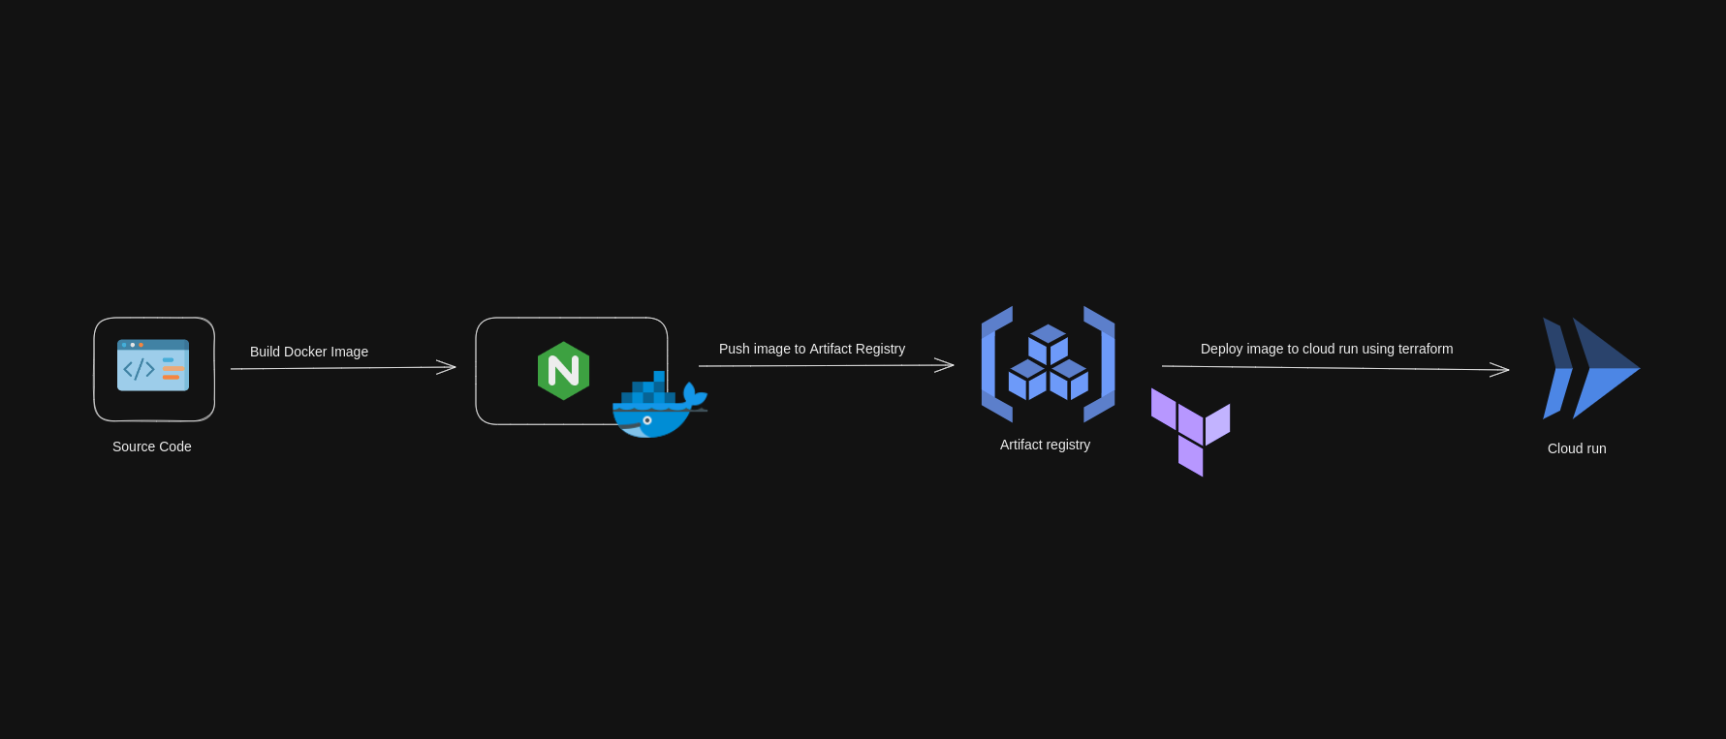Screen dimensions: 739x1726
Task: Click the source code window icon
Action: coord(153,365)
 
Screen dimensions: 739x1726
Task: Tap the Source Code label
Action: coord(152,446)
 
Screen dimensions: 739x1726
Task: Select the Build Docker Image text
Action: coord(309,352)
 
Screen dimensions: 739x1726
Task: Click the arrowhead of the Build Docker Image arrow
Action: coord(449,366)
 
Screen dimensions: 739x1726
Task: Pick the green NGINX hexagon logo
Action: coord(563,371)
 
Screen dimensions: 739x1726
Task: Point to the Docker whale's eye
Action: coord(647,420)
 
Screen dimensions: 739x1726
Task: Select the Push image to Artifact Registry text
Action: coord(812,349)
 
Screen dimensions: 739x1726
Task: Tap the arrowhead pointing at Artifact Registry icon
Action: coord(947,365)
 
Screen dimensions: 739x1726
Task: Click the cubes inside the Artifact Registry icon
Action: coord(1048,363)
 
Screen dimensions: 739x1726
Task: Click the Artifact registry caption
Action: coord(1045,445)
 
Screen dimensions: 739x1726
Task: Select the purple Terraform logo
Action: coord(1190,431)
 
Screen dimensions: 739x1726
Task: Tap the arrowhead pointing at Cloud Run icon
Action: coord(1502,369)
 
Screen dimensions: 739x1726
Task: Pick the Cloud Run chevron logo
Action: coord(1589,368)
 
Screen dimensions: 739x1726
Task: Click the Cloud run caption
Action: coord(1577,448)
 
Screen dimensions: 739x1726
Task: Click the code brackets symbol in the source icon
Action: coord(139,369)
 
